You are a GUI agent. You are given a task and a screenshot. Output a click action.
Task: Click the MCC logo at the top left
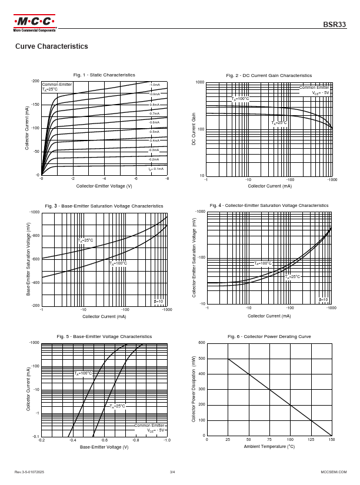pos(35,23)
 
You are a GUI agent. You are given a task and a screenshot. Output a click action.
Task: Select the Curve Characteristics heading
pos(51,46)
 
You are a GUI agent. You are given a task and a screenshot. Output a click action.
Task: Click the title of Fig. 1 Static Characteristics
pos(104,75)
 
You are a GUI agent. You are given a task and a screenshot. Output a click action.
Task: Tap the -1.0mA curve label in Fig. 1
pos(155,85)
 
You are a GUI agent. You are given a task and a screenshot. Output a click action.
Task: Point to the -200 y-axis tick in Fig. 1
pos(35,81)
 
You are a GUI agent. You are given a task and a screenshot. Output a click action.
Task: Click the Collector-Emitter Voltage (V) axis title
pos(104,186)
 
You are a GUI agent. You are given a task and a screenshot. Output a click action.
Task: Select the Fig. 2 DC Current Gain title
pos(269,75)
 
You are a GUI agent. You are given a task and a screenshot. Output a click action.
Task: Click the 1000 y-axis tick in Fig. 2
pos(200,83)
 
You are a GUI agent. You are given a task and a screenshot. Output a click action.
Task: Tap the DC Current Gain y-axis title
pos(194,129)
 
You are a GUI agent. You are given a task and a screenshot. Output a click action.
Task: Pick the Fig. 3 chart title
pos(104,206)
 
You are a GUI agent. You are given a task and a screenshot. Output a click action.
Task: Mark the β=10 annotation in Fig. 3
pos(158,302)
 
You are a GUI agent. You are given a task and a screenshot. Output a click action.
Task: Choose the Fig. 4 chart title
pos(269,205)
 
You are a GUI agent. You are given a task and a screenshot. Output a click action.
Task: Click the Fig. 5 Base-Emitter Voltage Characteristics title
pos(104,336)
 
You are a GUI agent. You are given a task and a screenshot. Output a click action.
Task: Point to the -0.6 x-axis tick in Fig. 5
pos(104,440)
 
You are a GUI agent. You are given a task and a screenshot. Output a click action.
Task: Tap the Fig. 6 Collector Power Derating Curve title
pos(269,336)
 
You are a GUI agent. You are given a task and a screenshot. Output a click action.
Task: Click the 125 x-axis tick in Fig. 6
pos(311,440)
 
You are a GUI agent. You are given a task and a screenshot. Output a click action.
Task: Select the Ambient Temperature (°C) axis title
pos(269,447)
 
